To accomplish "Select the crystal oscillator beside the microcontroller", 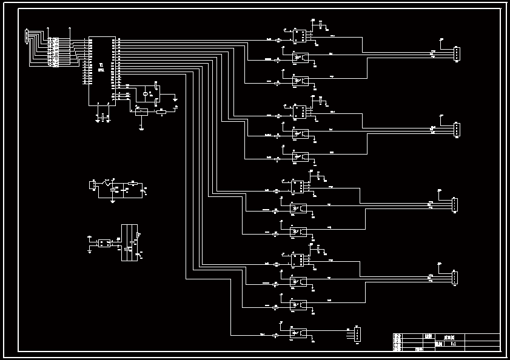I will click(x=146, y=94).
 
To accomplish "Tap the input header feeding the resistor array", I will click(x=27, y=36).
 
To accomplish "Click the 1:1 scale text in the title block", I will click(x=453, y=344).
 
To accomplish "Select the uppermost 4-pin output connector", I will click(x=457, y=55).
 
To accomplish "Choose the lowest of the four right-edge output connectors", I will click(x=455, y=278).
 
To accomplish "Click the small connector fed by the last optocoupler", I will click(x=357, y=334).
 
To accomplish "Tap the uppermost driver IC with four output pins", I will click(x=299, y=36).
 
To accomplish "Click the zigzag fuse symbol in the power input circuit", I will click(x=108, y=182).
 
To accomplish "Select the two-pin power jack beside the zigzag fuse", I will click(x=93, y=185).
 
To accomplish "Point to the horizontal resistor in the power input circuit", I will click(x=133, y=182).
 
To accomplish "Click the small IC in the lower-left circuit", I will click(x=104, y=243).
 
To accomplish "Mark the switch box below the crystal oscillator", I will click(x=140, y=112).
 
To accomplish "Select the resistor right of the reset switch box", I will click(x=161, y=112).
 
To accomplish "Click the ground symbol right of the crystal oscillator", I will click(x=175, y=98).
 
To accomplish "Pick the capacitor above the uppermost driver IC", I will click(x=321, y=26).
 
